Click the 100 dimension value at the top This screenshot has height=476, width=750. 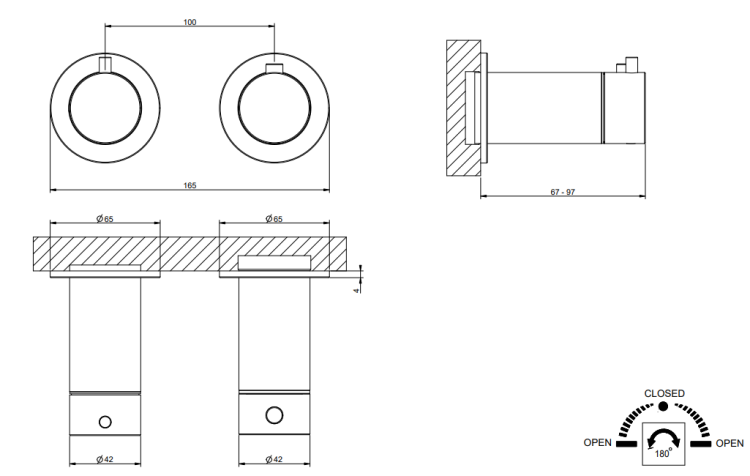tap(190, 21)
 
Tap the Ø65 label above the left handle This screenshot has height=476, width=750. tap(104, 218)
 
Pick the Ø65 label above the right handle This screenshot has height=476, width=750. tap(274, 218)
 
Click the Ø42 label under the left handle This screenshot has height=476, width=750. tap(104, 459)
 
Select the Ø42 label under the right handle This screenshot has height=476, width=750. tap(274, 459)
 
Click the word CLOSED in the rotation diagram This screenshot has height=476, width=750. tap(664, 393)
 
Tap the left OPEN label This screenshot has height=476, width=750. tap(598, 442)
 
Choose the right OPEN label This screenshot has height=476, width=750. tap(730, 442)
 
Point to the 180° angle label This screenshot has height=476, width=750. tap(663, 451)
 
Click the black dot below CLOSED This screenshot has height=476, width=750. tap(663, 407)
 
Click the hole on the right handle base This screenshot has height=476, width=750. tap(274, 414)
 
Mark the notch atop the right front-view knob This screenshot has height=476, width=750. tap(275, 68)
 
